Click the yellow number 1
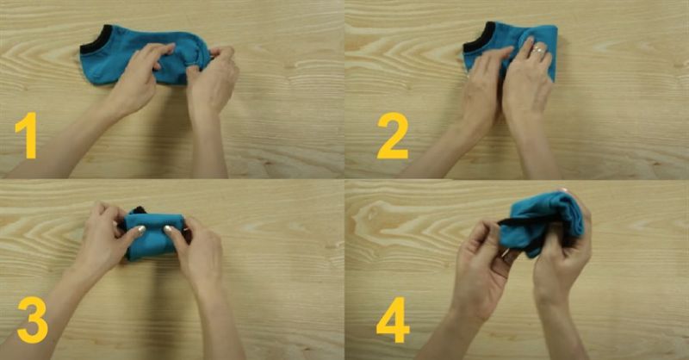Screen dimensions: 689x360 click(28, 135)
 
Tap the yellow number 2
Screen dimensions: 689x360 click(393, 135)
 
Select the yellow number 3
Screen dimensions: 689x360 click(33, 320)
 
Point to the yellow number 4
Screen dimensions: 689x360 click(393, 320)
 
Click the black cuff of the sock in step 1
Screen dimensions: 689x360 click(95, 40)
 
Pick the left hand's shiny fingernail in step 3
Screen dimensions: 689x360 click(140, 229)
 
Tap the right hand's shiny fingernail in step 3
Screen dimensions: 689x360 click(168, 228)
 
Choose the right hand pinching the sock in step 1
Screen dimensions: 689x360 click(212, 79)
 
